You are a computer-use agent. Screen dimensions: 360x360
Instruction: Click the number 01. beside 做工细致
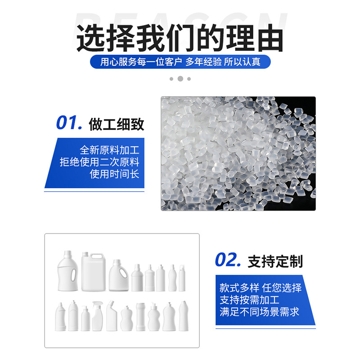click(69, 123)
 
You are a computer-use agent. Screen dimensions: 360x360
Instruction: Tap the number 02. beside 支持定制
click(228, 260)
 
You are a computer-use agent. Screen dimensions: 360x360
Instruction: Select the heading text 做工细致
click(117, 124)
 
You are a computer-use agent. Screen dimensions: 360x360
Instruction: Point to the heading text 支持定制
click(275, 261)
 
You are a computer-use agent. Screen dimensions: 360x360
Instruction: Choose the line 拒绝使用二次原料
click(99, 162)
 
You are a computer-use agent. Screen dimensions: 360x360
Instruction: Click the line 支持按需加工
click(249, 300)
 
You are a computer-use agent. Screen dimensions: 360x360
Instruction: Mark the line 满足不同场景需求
click(260, 311)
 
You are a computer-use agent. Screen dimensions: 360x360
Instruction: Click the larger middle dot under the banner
click(180, 79)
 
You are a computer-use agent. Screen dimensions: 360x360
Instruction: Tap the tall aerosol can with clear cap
click(182, 278)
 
